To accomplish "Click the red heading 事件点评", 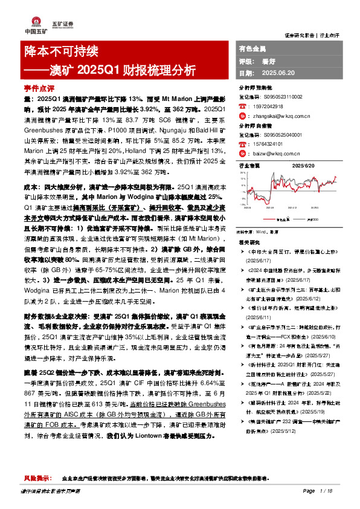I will [x=37, y=87].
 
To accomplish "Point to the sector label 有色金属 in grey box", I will [x=251, y=48].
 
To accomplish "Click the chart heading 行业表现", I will [x=249, y=165].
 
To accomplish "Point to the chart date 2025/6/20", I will [x=304, y=165].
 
